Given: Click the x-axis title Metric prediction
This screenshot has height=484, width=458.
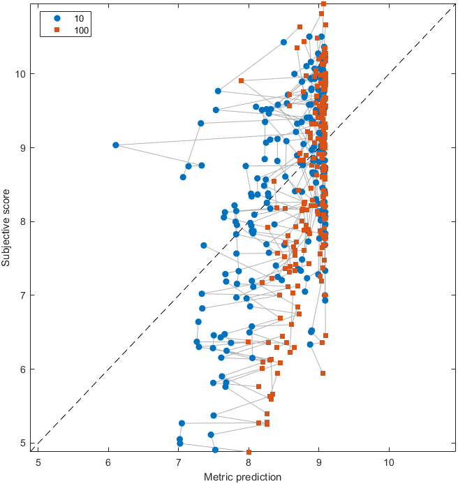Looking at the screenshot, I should click(x=242, y=477).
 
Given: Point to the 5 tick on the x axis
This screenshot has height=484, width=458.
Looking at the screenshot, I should click(x=38, y=462).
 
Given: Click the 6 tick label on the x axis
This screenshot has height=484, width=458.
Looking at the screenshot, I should click(x=108, y=462).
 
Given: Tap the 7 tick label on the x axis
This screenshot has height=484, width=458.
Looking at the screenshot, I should click(x=178, y=462).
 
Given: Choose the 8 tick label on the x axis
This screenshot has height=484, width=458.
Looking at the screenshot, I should click(x=249, y=462).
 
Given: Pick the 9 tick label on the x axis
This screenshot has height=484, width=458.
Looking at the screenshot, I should click(x=318, y=462).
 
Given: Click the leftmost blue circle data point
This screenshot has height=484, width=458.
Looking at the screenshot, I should click(x=116, y=145).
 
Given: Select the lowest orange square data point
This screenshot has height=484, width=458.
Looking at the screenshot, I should click(x=249, y=453).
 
